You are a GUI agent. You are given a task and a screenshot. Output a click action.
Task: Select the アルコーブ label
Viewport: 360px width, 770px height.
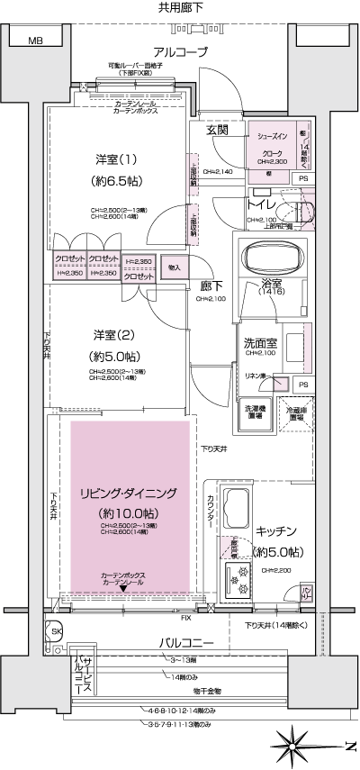tap(180, 51)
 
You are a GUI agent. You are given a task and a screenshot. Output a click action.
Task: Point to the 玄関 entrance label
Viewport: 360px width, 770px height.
tap(217, 131)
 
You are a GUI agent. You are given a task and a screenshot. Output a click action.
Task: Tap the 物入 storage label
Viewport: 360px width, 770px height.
tap(175, 267)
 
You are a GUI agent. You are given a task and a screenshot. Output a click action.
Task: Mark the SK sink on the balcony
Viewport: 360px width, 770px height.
tap(56, 631)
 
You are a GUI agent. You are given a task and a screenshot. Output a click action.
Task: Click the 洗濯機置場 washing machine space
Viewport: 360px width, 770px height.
tap(256, 410)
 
